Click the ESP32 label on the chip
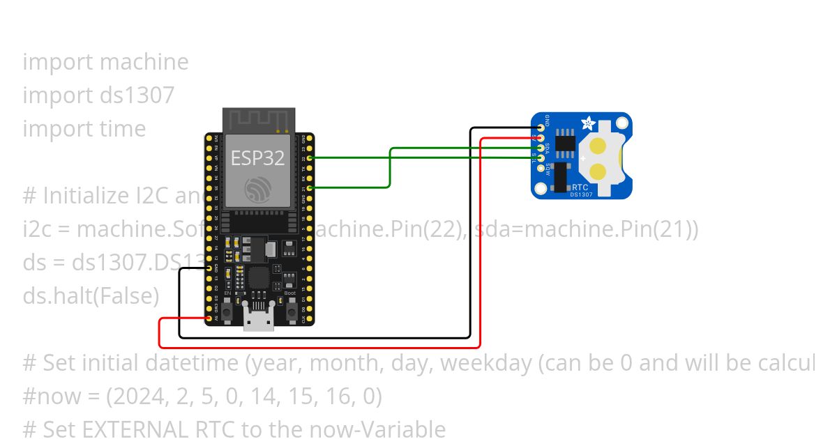tap(258, 158)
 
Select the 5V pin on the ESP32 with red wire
tap(209, 318)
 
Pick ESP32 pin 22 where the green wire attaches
tap(308, 157)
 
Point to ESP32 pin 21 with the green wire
tap(308, 187)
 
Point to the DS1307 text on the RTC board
tap(582, 194)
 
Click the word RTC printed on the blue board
tap(580, 187)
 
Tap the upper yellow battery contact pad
tap(598, 146)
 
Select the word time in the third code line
tap(122, 128)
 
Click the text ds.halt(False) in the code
tap(91, 295)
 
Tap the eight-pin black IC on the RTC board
tap(566, 143)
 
